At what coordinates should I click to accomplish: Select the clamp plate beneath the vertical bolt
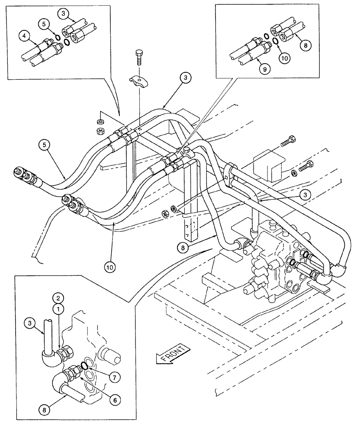[x=138, y=81]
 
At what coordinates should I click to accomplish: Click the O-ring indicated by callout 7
[x=86, y=366]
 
